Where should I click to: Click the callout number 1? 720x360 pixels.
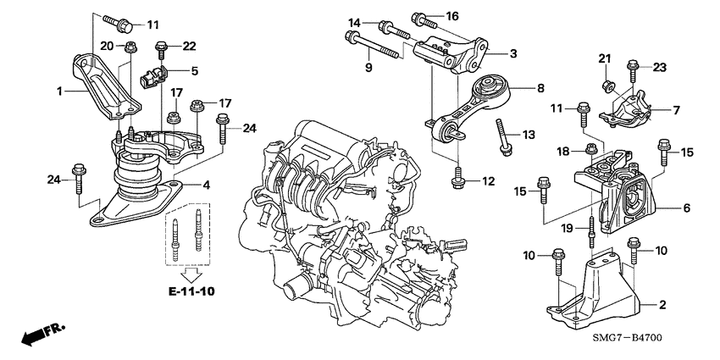click(59, 89)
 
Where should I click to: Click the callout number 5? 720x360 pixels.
click(195, 71)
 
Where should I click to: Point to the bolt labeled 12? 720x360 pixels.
click(457, 176)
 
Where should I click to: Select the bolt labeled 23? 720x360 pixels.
click(633, 66)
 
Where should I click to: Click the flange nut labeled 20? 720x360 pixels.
click(130, 50)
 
